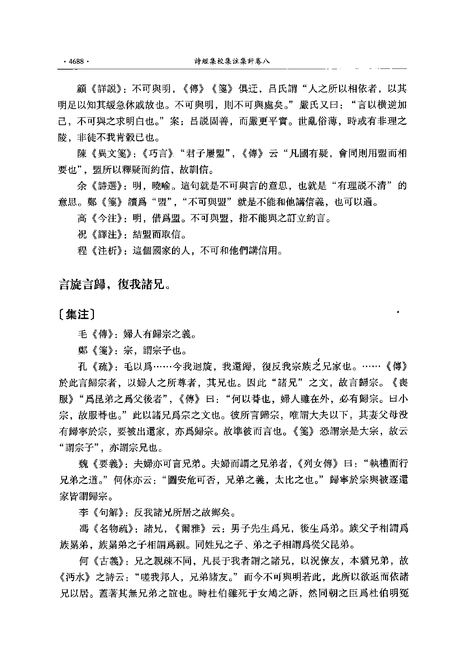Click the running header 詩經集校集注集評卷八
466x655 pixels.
(232, 61)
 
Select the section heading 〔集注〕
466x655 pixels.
(77, 314)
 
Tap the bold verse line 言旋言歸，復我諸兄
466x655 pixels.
(113, 285)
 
